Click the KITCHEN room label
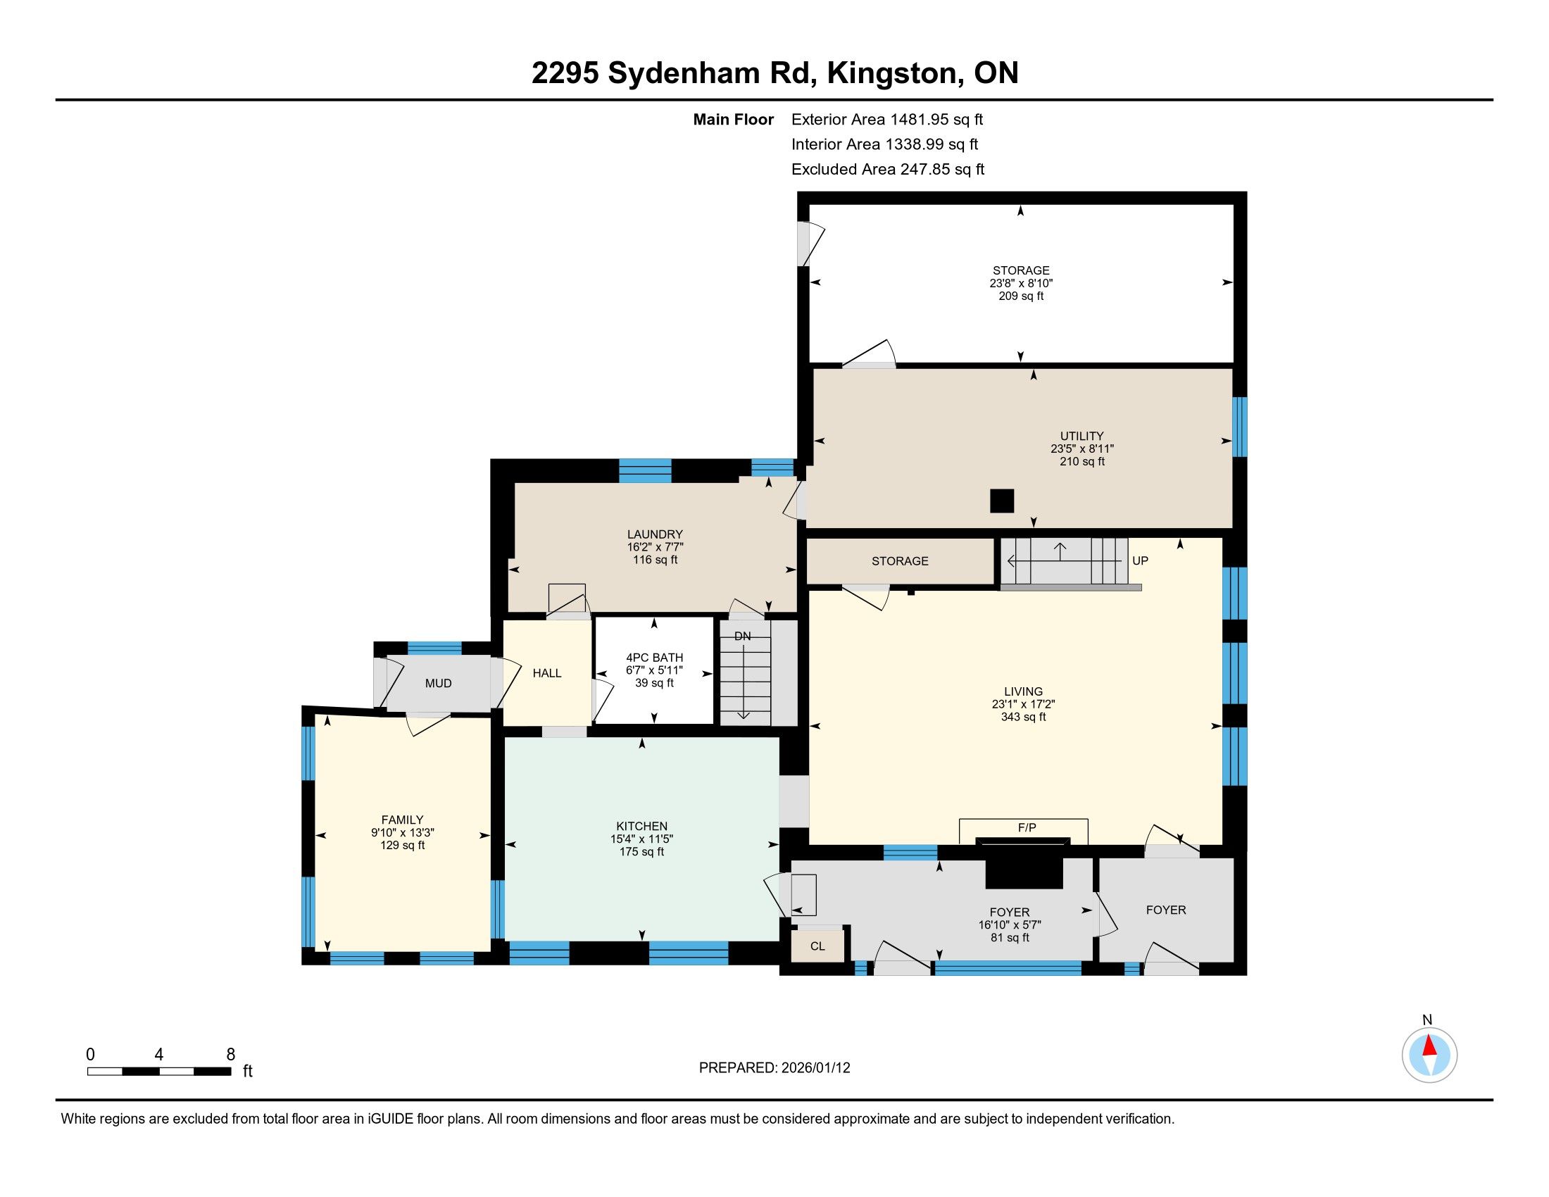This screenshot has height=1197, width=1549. click(642, 826)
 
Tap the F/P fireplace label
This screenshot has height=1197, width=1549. click(1027, 827)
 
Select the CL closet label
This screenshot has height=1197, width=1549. click(817, 946)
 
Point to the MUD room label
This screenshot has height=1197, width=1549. click(439, 684)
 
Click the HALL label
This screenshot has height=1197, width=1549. click(547, 673)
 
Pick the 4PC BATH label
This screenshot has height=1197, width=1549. click(654, 658)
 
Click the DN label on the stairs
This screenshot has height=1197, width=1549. click(743, 636)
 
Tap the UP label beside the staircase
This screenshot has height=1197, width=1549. click(1140, 560)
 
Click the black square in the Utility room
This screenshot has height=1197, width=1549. click(1001, 501)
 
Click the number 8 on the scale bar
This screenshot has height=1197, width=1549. click(230, 1055)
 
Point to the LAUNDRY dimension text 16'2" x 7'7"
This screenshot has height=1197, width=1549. click(655, 547)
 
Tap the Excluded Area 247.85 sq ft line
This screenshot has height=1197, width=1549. click(888, 170)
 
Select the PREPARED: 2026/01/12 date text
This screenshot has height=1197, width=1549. click(774, 1068)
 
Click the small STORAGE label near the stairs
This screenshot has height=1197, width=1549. click(900, 561)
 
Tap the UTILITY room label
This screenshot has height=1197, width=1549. click(1081, 436)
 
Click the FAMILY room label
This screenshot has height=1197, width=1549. click(402, 820)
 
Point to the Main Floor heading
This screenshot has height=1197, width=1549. click(734, 120)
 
